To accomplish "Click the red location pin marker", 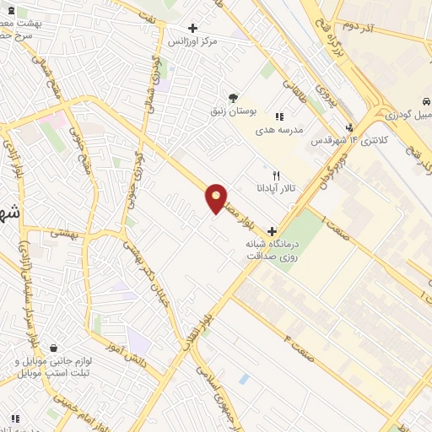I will [217, 197].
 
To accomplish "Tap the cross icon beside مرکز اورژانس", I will [193, 28].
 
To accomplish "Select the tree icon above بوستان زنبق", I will [234, 97].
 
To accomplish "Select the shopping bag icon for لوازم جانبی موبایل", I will [54, 348].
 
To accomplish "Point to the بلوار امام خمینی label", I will [59, 402].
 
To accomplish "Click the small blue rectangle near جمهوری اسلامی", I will [244, 379].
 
